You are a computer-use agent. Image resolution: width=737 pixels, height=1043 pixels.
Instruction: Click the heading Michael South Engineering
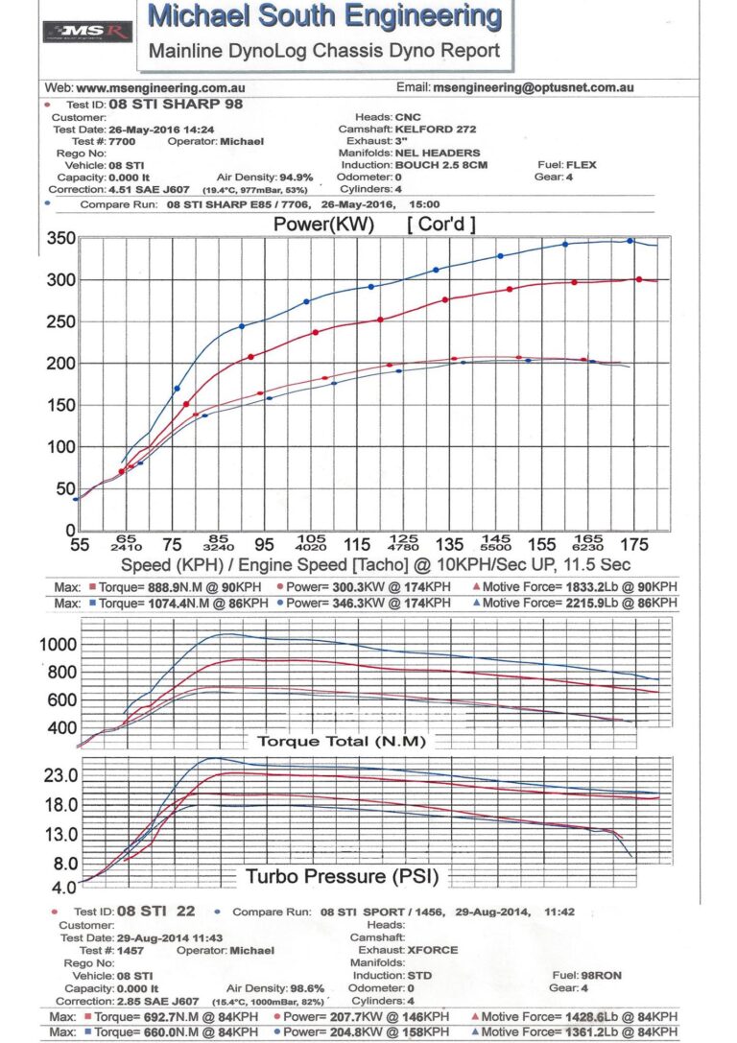tap(325, 16)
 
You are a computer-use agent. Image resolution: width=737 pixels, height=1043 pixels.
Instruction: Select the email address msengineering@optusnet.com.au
tap(533, 87)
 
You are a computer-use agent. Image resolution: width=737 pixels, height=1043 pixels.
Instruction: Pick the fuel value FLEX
tap(582, 165)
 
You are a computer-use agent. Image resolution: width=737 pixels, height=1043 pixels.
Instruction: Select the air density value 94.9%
tap(294, 178)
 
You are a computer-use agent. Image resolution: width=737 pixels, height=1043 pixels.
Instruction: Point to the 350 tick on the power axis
tap(61, 239)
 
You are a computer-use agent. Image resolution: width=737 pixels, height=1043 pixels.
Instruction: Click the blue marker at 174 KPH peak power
tap(630, 241)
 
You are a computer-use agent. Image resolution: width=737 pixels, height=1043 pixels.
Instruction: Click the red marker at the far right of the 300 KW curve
tap(639, 279)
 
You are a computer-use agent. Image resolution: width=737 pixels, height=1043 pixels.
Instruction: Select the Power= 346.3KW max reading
tap(368, 603)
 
